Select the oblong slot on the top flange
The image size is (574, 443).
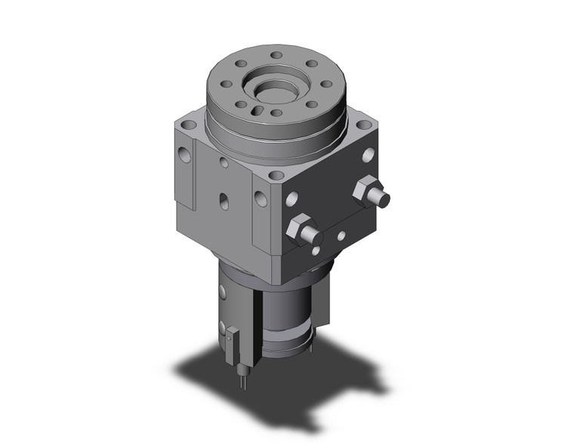click(258, 110)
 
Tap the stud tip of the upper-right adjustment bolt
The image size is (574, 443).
click(383, 200)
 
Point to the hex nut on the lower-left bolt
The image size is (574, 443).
click(298, 227)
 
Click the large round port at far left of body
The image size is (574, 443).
click(185, 156)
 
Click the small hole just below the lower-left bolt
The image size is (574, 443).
click(316, 251)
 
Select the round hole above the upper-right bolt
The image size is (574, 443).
click(368, 155)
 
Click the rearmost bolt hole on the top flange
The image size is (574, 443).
click(277, 55)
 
